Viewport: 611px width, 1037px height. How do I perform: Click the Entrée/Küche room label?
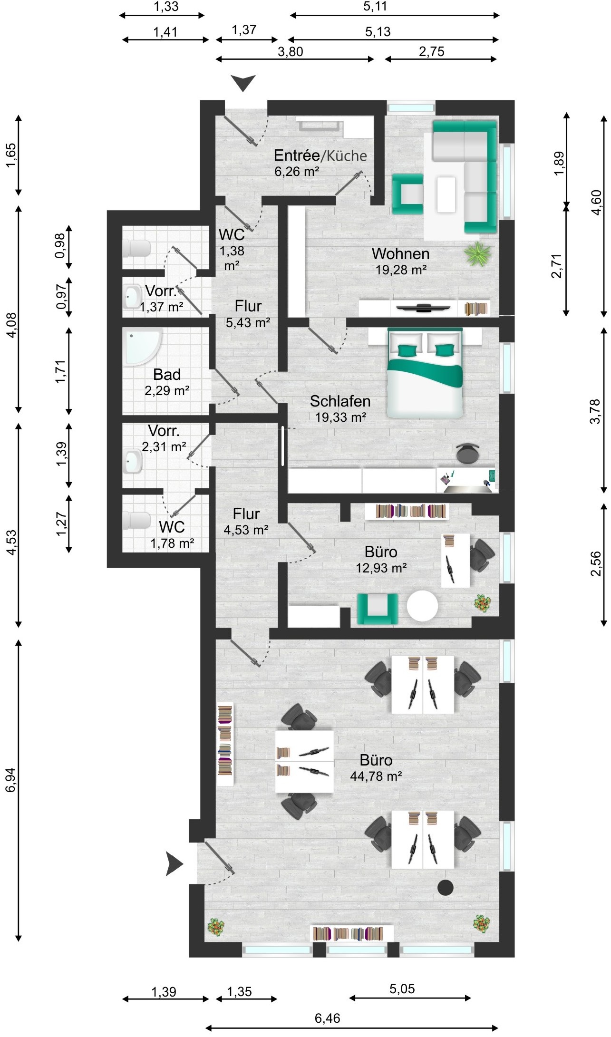point(320,155)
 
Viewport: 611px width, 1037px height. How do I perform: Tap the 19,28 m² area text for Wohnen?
point(401,270)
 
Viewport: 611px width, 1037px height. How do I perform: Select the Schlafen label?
point(340,401)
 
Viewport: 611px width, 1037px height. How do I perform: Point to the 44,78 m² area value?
point(376,776)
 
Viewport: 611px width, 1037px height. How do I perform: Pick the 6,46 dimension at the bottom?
point(328,1018)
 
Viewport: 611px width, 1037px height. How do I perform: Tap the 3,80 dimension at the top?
point(290,51)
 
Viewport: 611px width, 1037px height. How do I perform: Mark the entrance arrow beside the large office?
point(174,863)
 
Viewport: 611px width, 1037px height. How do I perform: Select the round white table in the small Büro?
point(422,606)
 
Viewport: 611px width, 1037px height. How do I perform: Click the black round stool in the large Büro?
point(446,887)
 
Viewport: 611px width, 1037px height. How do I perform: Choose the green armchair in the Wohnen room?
point(407,194)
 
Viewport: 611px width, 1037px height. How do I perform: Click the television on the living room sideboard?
point(423,308)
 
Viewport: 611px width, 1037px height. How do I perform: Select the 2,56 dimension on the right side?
point(595,564)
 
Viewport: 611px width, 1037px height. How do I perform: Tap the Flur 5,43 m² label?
point(248,314)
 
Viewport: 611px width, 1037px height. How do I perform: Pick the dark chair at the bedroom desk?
point(468,453)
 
